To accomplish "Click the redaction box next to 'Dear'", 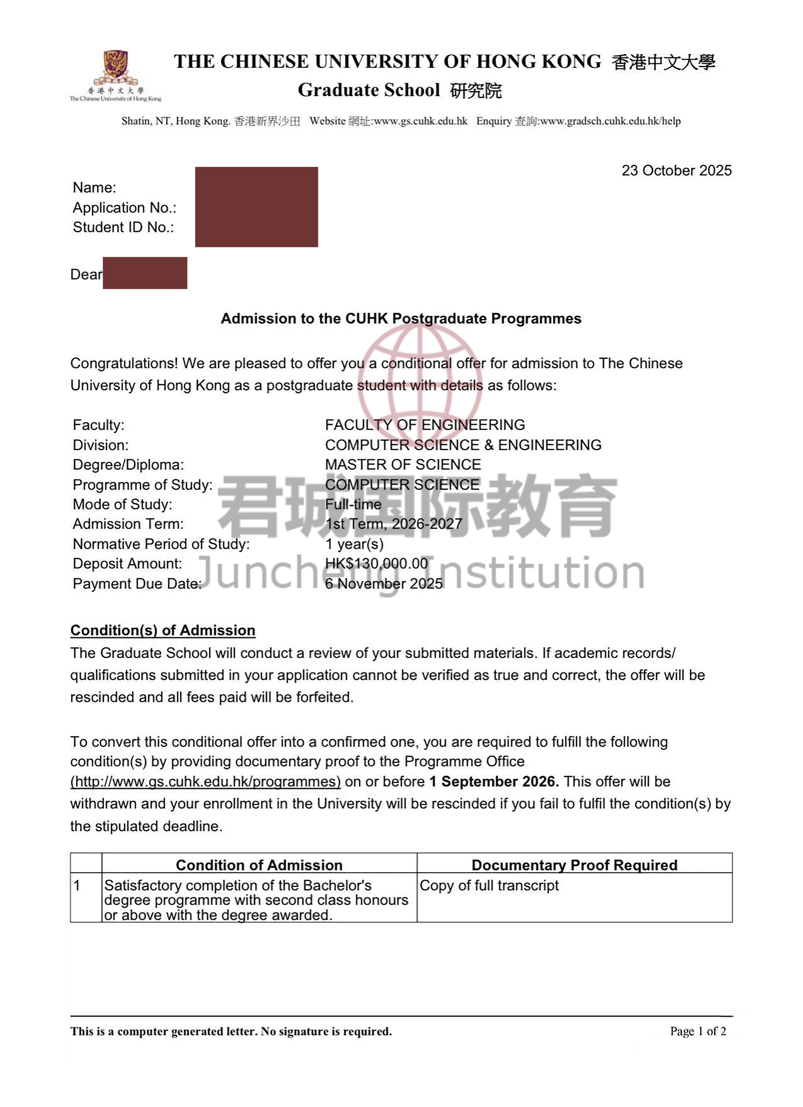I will (x=145, y=273).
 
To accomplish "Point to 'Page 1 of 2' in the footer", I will (x=698, y=1031).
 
